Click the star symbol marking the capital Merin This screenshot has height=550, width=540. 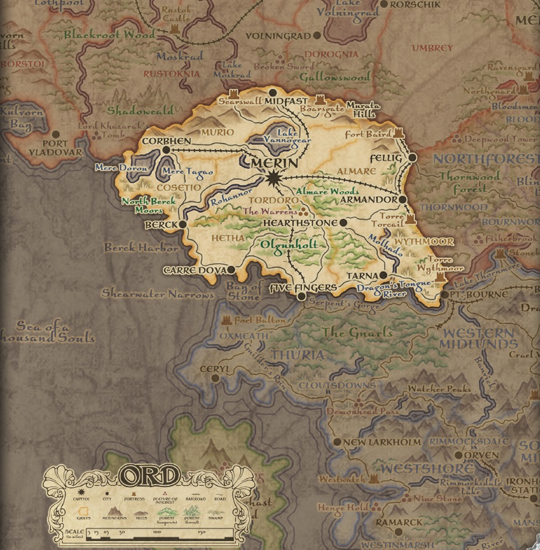273,179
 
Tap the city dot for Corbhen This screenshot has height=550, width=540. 166,150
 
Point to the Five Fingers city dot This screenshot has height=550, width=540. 301,297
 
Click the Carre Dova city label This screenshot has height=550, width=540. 194,270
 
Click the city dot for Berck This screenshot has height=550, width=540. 183,224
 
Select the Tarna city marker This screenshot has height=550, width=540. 384,275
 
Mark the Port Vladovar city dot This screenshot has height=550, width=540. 56,135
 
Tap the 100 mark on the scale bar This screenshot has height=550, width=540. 156,532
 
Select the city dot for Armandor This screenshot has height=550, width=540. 403,199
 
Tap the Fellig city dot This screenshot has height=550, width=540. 412,157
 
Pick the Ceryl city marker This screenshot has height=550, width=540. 216,378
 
